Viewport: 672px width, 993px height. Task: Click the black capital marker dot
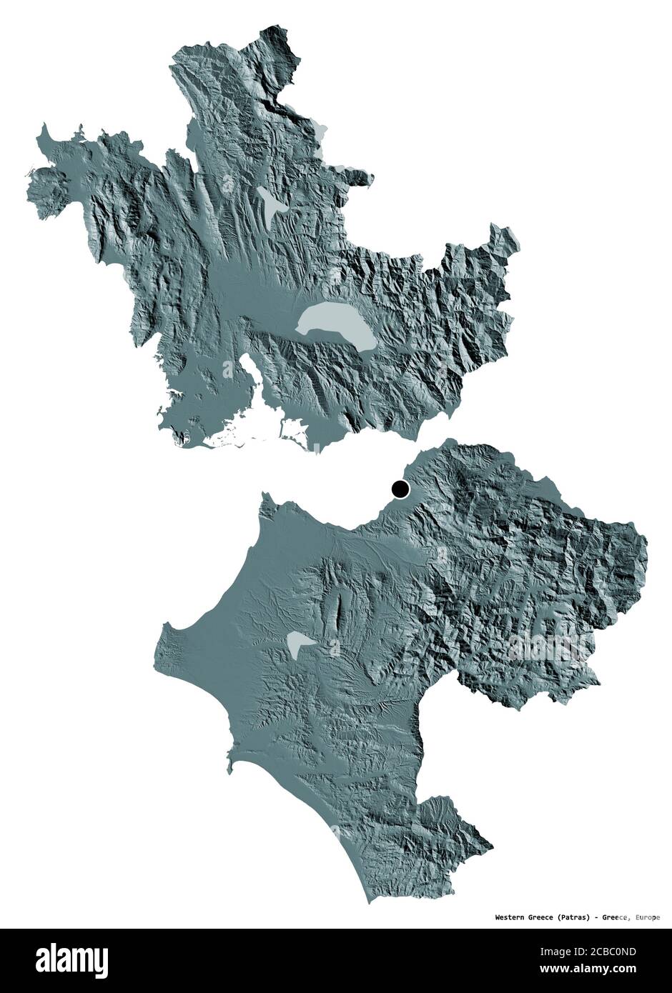coord(400,489)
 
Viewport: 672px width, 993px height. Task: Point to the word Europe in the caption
coord(648,917)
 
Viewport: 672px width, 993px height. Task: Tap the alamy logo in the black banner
coord(64,957)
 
